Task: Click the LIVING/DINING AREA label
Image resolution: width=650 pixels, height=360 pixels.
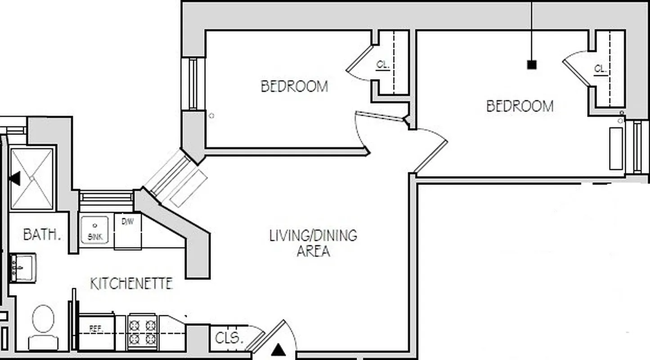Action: (313, 243)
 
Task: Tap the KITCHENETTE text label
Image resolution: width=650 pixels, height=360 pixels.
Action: (131, 283)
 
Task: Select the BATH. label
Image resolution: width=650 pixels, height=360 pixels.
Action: (42, 234)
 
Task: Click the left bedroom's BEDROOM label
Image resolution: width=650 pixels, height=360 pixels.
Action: (294, 86)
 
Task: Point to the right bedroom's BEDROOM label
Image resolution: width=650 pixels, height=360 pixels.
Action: (520, 106)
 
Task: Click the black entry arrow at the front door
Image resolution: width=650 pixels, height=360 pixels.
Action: (279, 349)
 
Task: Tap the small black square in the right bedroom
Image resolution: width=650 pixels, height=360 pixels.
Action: (532, 65)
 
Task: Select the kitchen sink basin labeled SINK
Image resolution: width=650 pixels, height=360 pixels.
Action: (94, 230)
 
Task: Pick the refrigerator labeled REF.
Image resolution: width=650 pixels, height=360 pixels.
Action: (96, 333)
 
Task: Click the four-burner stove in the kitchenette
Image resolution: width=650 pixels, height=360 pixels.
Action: (142, 332)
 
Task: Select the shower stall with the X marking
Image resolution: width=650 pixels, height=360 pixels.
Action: (32, 178)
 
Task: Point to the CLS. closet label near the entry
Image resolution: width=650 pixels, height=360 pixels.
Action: (229, 338)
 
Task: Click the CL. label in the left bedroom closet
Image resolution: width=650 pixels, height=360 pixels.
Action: (383, 65)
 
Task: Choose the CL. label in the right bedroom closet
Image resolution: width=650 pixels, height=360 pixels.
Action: (600, 69)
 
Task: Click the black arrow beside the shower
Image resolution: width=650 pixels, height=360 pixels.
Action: (15, 178)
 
